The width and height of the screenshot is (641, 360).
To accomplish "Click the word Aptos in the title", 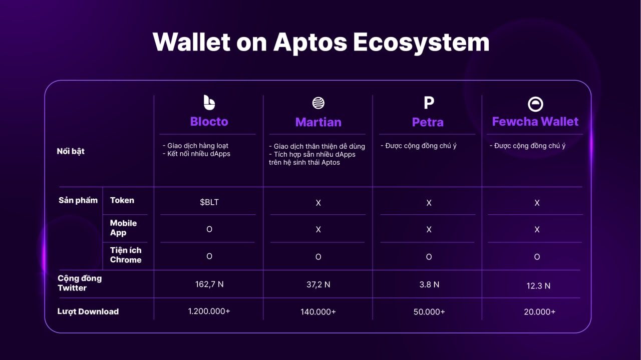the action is pyautogui.click(x=310, y=43).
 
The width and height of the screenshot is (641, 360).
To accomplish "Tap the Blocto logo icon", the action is pyautogui.click(x=209, y=103).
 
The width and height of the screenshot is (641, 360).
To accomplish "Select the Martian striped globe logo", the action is pyautogui.click(x=318, y=103).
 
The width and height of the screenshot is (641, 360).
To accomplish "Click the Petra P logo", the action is pyautogui.click(x=429, y=103).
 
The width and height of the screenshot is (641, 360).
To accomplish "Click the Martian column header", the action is pyautogui.click(x=318, y=122).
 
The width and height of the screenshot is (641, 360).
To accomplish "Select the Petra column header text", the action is pyautogui.click(x=428, y=122).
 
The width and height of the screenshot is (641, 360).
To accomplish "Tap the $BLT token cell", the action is pyautogui.click(x=209, y=202).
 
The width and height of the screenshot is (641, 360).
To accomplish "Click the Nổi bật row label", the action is pyautogui.click(x=71, y=151).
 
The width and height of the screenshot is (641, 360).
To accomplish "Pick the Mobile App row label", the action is pyautogui.click(x=123, y=228).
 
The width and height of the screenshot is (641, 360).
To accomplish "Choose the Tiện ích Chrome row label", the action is pyautogui.click(x=126, y=255).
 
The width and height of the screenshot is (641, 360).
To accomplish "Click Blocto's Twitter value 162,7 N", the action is pyautogui.click(x=209, y=284).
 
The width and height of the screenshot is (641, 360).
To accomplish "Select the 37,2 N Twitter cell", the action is pyautogui.click(x=318, y=284).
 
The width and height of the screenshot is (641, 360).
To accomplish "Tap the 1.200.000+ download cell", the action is pyautogui.click(x=209, y=311).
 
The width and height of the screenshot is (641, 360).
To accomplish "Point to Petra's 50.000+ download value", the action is pyautogui.click(x=429, y=311).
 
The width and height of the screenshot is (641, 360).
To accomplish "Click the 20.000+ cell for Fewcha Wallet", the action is pyautogui.click(x=539, y=311).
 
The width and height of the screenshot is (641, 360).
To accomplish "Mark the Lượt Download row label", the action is pyautogui.click(x=88, y=311).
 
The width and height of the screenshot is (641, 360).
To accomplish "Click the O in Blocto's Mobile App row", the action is pyautogui.click(x=209, y=229).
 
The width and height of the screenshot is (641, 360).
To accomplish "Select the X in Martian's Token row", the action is pyautogui.click(x=318, y=203).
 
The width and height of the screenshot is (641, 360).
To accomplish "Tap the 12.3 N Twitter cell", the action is pyautogui.click(x=538, y=285).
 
